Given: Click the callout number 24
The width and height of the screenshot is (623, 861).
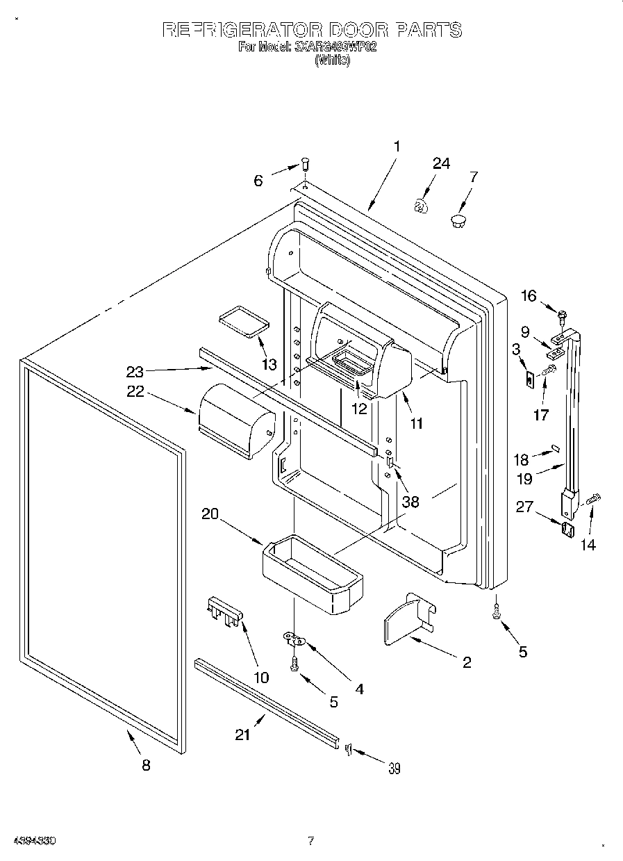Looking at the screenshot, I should click(441, 164).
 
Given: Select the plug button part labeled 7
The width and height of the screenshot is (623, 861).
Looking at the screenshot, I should click(457, 221).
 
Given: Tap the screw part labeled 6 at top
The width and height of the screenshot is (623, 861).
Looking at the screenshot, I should click(304, 165).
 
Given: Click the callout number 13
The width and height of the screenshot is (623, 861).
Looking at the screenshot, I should click(269, 364).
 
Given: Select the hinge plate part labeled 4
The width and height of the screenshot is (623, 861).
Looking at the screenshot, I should click(294, 637).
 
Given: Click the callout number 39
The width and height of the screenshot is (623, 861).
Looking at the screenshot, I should click(394, 768).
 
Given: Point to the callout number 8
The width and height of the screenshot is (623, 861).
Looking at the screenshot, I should click(145, 765).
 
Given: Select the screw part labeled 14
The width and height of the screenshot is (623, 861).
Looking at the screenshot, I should click(594, 499).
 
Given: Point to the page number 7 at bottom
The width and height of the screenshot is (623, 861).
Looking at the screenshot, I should click(310, 841).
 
